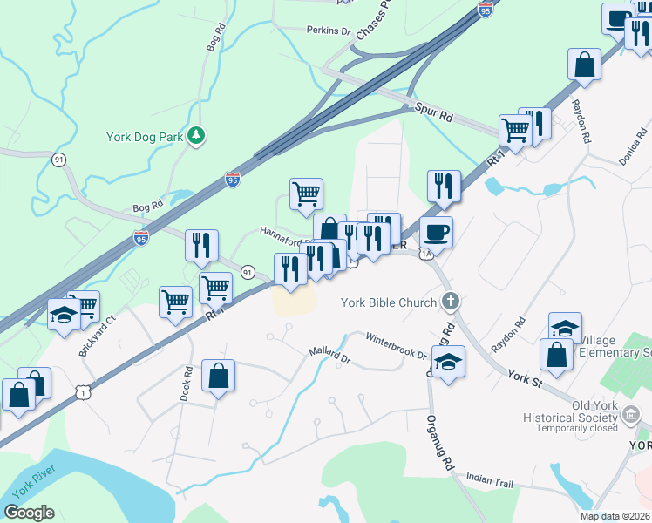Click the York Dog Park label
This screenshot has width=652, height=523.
coord(143,135)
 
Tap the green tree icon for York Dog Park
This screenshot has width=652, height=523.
coord(198,135)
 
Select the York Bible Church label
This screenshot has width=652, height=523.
coord(388,302)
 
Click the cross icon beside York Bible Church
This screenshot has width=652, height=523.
coord(450,302)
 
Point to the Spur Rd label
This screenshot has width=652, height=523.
coord(433,114)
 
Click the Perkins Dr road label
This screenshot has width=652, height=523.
coord(328,31)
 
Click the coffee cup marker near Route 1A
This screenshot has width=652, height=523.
coord(436,232)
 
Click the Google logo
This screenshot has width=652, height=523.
coord(29,513)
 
